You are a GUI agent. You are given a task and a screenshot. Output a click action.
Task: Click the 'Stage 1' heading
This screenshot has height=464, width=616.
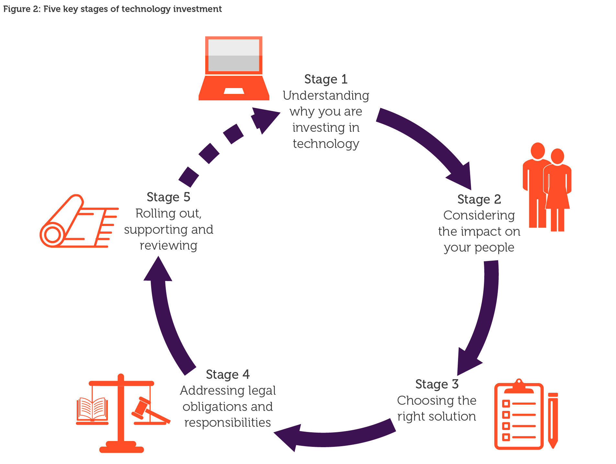pos(326,79)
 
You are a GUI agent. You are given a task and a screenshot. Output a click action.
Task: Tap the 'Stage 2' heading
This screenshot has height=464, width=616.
pos(479,199)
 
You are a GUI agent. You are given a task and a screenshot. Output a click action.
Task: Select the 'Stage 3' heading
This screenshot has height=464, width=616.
pos(437,384)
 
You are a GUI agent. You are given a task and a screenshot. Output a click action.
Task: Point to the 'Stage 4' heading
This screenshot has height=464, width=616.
pos(228,375)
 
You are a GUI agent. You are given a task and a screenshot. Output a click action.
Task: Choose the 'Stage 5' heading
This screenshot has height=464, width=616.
pos(168,197)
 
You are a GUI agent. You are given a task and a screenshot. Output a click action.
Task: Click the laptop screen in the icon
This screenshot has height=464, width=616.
pos(233,55)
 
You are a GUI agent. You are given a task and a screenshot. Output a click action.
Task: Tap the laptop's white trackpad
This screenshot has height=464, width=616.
pos(234,91)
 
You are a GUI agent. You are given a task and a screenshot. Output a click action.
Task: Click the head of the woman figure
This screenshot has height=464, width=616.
pos(557,156)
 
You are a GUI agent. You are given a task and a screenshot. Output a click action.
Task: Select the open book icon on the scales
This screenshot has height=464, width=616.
pos(92,409)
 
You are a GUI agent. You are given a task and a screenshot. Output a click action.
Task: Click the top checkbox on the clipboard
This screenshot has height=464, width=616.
pos(506,403)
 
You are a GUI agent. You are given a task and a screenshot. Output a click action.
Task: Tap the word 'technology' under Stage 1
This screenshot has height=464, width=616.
pos(326,144)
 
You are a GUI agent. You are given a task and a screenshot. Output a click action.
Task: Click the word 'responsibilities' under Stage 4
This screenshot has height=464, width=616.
pos(228,423)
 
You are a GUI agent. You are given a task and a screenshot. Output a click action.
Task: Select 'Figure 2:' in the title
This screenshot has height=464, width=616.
pos(21,9)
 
